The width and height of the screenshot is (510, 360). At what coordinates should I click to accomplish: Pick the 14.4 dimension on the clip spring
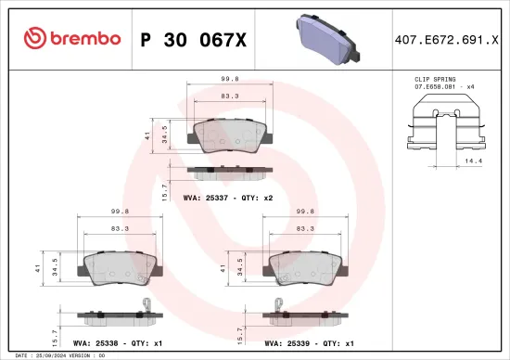point(473,160)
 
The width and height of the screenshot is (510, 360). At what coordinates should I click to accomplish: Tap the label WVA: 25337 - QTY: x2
point(229,198)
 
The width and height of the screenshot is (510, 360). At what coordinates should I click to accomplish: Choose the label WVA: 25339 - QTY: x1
point(310,342)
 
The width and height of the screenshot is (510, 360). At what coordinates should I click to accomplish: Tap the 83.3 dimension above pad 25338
point(120,227)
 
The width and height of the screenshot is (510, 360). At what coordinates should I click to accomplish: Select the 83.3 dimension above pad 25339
point(304,227)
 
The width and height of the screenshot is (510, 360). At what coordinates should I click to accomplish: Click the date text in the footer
point(51,354)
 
